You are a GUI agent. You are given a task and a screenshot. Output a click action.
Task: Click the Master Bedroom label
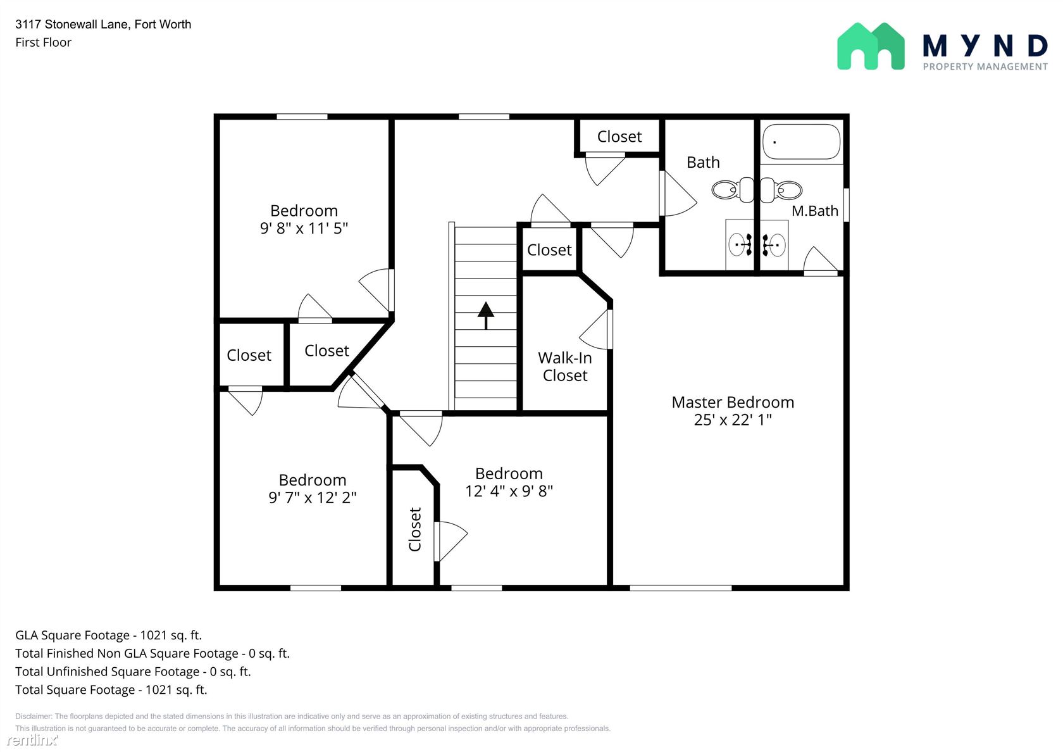[733, 402]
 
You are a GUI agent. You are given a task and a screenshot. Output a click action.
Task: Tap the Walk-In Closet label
[564, 367]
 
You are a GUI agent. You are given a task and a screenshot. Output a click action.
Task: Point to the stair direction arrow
[485, 315]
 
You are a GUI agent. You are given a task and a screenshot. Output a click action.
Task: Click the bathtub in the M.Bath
[801, 142]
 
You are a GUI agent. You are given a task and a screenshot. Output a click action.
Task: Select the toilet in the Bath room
[733, 190]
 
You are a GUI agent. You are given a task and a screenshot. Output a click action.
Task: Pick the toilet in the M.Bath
[781, 190]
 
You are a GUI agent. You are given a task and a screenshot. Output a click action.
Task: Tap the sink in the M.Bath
[774, 245]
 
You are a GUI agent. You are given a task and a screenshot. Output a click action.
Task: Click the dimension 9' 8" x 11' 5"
[304, 229]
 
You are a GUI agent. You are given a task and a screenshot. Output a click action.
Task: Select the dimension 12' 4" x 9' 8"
[509, 491]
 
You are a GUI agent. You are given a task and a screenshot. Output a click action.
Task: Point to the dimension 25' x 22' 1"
[733, 420]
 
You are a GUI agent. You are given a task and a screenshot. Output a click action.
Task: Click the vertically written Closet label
[415, 529]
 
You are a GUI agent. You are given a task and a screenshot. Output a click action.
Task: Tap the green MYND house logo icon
[871, 46]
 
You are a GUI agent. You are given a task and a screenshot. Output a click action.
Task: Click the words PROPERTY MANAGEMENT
[985, 66]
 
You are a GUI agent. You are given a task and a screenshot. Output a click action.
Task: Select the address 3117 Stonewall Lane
[71, 24]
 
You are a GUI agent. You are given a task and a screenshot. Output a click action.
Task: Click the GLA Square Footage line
[109, 636]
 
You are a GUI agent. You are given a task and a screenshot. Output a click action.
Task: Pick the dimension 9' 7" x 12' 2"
[313, 498]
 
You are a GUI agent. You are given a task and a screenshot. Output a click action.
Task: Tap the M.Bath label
[815, 211]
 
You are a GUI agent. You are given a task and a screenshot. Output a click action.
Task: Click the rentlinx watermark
[32, 739]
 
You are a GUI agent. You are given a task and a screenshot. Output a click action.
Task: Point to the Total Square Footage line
[111, 690]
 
